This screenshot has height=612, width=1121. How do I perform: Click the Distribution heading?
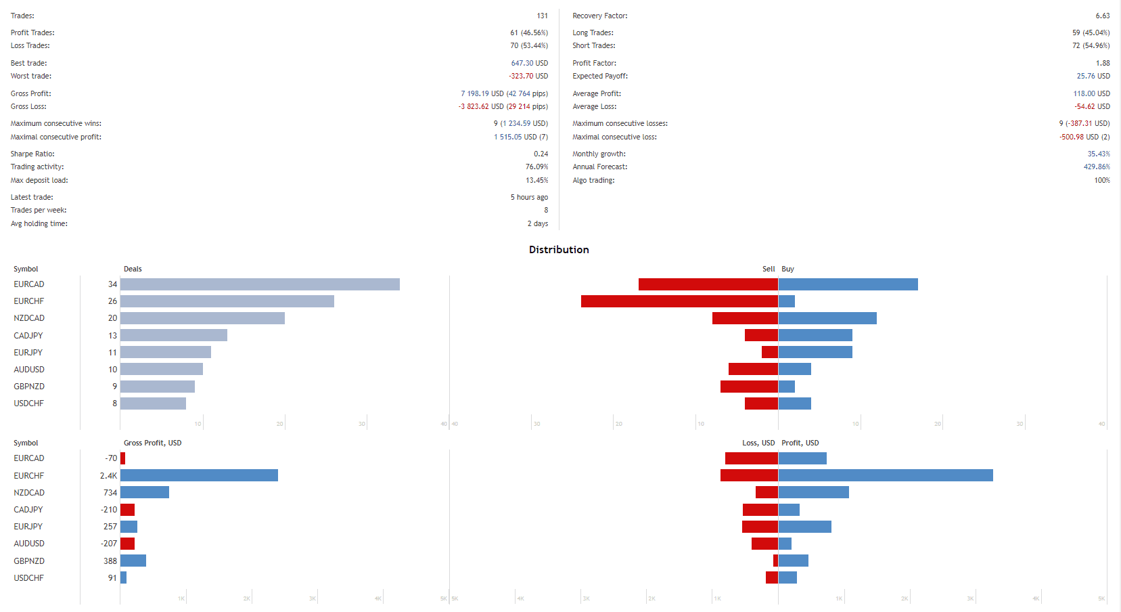click(559, 250)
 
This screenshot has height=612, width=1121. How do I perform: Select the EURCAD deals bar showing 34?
click(260, 284)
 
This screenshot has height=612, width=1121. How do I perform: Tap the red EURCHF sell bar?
click(679, 301)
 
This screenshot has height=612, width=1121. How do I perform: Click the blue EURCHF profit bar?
click(886, 476)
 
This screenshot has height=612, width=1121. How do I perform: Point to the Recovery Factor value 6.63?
click(1103, 16)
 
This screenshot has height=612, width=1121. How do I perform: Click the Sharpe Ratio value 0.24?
click(541, 154)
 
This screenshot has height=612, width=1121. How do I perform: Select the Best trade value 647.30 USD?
click(529, 63)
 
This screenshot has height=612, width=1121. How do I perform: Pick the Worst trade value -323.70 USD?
click(528, 76)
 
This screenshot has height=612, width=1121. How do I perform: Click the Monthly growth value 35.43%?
click(1099, 154)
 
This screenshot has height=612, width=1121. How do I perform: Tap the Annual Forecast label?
click(599, 167)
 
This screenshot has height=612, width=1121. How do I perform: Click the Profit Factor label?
click(594, 63)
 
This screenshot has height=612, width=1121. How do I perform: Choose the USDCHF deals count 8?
click(114, 403)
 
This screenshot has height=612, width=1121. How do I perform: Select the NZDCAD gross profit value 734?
click(110, 493)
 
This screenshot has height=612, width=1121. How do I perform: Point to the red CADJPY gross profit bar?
click(127, 510)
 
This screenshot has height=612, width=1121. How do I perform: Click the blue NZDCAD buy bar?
click(827, 318)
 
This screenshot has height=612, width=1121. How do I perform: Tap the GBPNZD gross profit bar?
click(133, 561)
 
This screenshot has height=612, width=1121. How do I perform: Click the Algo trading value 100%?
click(1102, 180)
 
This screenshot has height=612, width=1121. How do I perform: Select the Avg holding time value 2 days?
click(538, 223)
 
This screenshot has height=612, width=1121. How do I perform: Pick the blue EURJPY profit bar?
click(804, 527)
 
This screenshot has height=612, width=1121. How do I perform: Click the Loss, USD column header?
click(758, 443)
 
